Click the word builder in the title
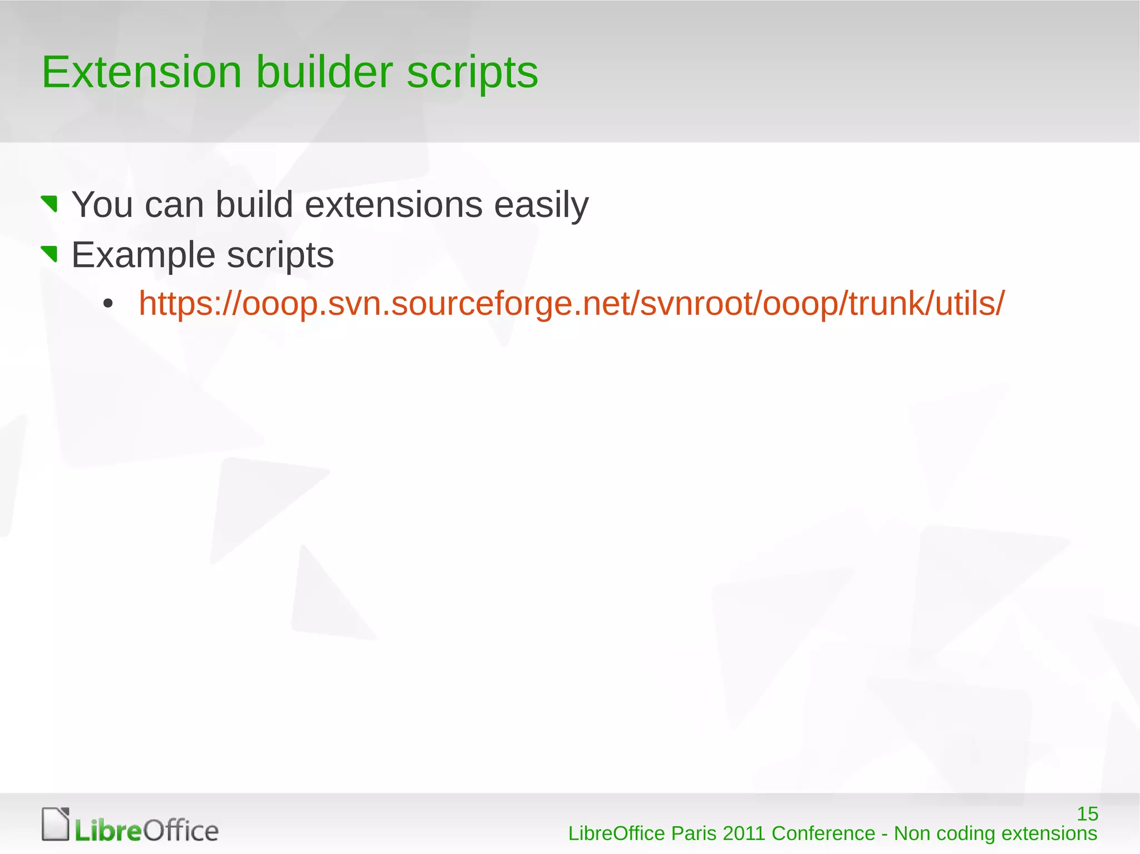pos(324,72)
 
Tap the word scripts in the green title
pos(472,73)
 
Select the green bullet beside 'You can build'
pos(50,204)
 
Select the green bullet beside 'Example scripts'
pos(50,254)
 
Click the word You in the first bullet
pos(102,205)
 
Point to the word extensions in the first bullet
pos(394,205)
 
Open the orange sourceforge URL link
pos(571,304)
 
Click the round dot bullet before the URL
pos(108,304)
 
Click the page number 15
pos(1087,814)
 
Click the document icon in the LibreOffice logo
pos(56,824)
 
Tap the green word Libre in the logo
pos(108,831)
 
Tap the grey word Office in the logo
pos(181,831)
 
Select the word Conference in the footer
pos(823,834)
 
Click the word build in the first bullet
pos(254,205)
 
